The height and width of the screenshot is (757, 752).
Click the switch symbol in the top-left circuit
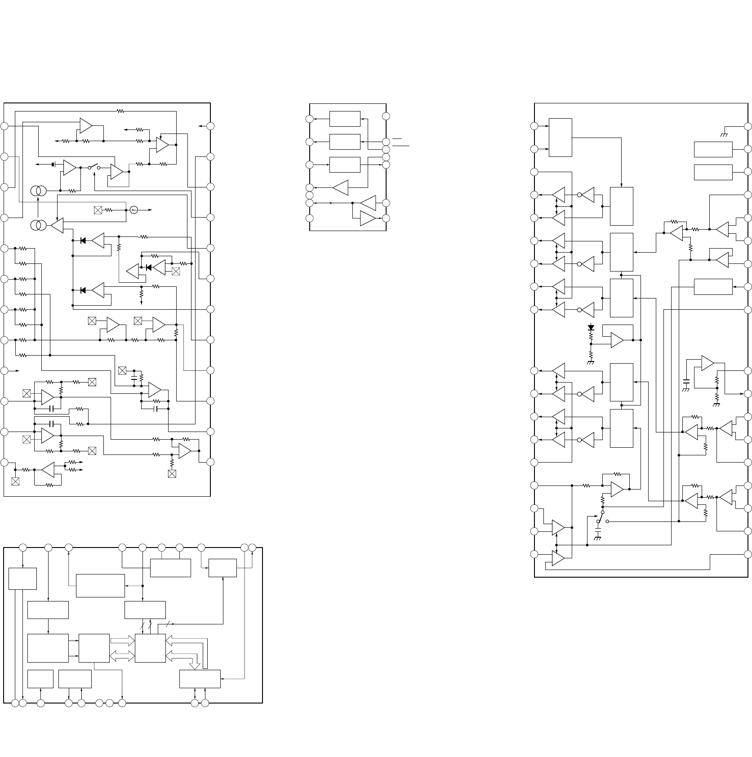click(94, 167)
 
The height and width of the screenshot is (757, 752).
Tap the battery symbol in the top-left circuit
click(53, 165)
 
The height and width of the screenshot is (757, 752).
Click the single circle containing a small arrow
click(133, 209)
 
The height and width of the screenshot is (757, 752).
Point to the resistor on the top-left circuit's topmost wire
click(120, 111)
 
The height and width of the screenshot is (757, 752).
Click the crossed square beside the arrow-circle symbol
click(98, 210)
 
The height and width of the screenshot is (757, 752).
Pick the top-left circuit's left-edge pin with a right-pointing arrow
click(4, 370)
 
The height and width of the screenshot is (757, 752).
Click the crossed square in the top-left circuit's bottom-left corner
click(15, 481)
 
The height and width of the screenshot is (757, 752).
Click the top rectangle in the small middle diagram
click(345, 119)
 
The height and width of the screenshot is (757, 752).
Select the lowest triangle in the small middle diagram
click(368, 218)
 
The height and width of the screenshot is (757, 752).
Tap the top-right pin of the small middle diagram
click(386, 116)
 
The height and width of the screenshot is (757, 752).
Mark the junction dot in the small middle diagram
click(353, 203)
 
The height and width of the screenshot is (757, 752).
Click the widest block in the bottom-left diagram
click(100, 585)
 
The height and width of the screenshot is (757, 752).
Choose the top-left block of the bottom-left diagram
click(22, 578)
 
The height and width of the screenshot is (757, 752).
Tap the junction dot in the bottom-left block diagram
click(142, 586)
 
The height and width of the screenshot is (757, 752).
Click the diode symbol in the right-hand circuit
click(591, 327)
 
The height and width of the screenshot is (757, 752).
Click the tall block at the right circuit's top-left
click(561, 138)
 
